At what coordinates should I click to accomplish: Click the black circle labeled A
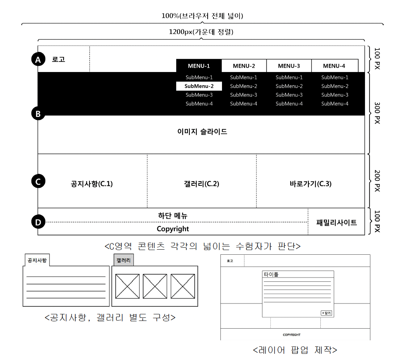pyautogui.click(x=38, y=60)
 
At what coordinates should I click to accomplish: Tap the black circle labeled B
pyautogui.click(x=38, y=114)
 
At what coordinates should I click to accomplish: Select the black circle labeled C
pyautogui.click(x=38, y=181)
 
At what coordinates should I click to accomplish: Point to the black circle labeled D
pyautogui.click(x=38, y=222)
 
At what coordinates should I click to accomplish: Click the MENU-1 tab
pyautogui.click(x=199, y=66)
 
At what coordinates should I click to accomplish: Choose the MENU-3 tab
pyautogui.click(x=289, y=66)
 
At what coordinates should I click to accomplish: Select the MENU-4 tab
pyautogui.click(x=334, y=66)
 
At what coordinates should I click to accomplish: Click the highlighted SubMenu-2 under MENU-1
pyautogui.click(x=199, y=86)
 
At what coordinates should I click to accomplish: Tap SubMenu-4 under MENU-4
pyautogui.click(x=335, y=104)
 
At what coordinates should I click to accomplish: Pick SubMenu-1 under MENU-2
pyautogui.click(x=243, y=77)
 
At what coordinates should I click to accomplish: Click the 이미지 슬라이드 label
pyautogui.click(x=202, y=132)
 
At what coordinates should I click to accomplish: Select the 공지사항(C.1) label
pyautogui.click(x=92, y=184)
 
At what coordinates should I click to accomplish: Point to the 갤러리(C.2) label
pyautogui.click(x=202, y=184)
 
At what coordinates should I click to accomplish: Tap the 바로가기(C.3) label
pyautogui.click(x=310, y=184)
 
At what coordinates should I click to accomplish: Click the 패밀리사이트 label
pyautogui.click(x=336, y=223)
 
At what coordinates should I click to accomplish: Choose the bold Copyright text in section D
pyautogui.click(x=173, y=229)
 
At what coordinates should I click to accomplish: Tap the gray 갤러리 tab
pyautogui.click(x=124, y=260)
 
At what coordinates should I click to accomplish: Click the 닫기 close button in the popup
pyautogui.click(x=326, y=313)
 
